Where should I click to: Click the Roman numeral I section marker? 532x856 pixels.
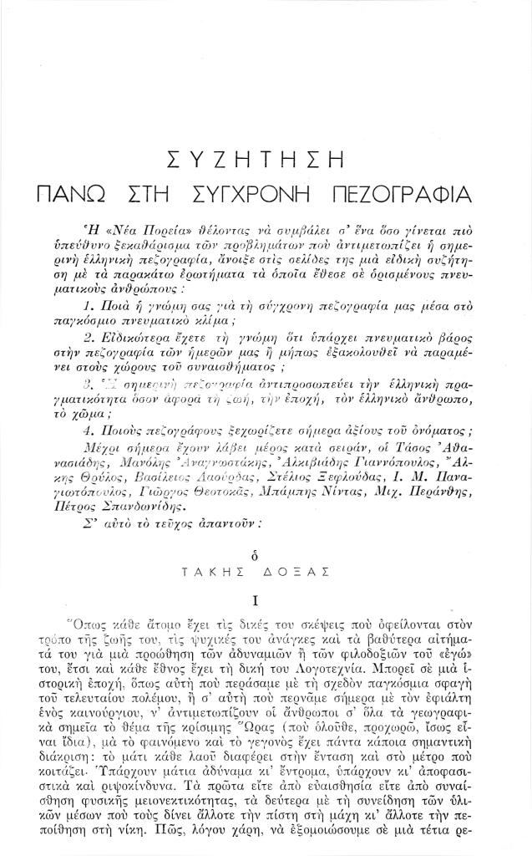[x=266, y=599]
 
